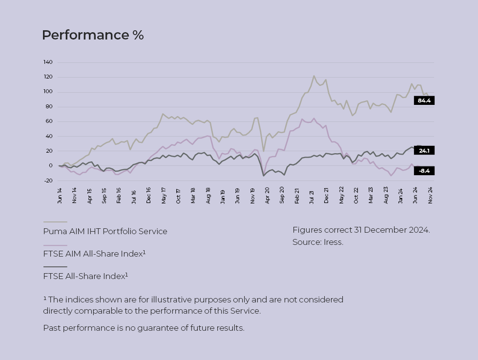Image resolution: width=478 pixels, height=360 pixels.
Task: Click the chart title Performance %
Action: pos(93,35)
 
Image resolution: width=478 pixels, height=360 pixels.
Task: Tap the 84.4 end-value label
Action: pos(424,100)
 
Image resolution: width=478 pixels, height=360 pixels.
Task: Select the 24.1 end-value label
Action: pos(424,151)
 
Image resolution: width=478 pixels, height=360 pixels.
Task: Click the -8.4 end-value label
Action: pos(424,171)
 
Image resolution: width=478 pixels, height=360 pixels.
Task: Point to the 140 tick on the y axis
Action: pos(48,62)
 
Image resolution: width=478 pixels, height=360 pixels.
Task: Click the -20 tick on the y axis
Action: pos(48,180)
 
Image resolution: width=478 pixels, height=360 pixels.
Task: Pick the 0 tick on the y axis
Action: pos(50,166)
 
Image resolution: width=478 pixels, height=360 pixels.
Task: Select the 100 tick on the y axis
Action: pos(48,92)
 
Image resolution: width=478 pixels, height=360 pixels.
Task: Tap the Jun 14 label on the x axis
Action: pos(60,195)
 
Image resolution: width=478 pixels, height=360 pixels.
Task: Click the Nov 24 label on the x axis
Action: pos(430,195)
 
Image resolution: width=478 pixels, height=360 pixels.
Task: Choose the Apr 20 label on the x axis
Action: pos(267,195)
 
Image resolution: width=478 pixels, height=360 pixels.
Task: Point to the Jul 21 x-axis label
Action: pos(312,195)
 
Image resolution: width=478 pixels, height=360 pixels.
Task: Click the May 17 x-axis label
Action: pos(164,195)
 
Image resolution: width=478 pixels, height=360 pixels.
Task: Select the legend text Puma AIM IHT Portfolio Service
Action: pos(105,231)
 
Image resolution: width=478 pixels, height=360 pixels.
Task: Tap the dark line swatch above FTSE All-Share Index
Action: pos(55,267)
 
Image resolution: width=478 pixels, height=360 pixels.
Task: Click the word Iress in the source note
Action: pos(333,242)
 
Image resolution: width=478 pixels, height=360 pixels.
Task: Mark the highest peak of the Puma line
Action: pos(314,76)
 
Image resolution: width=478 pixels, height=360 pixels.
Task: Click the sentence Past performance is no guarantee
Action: pos(144,328)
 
